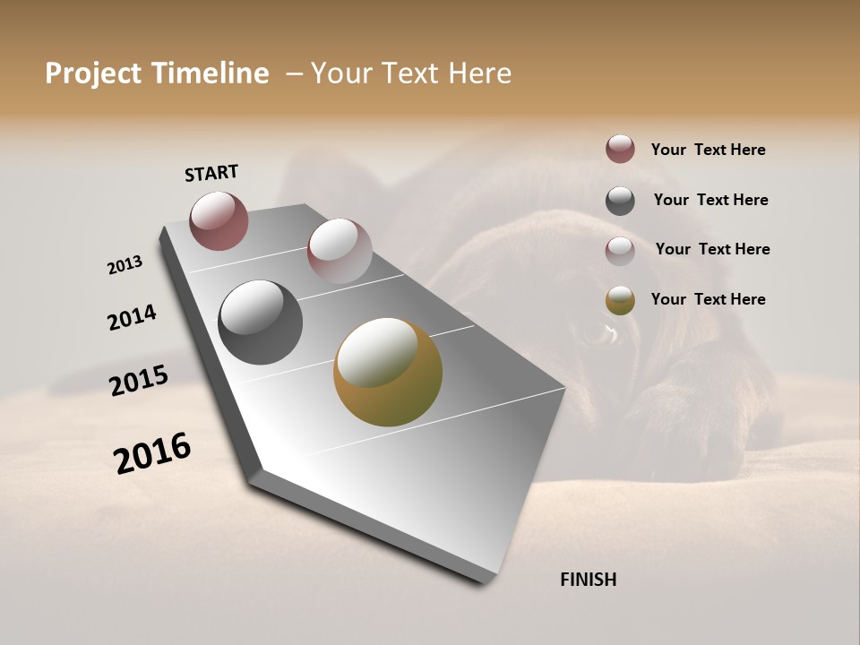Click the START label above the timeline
(211, 173)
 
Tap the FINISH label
(588, 580)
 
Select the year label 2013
(125, 265)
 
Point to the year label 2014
(132, 317)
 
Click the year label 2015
(139, 381)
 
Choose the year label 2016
(152, 453)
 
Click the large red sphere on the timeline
(219, 220)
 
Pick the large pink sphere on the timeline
(340, 251)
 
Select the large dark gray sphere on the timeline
(260, 322)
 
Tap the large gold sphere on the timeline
(387, 372)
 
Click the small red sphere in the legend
(620, 150)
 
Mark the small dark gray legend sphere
(620, 201)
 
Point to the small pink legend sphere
(620, 251)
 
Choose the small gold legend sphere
(620, 301)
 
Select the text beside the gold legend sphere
(708, 299)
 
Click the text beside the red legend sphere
(708, 150)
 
